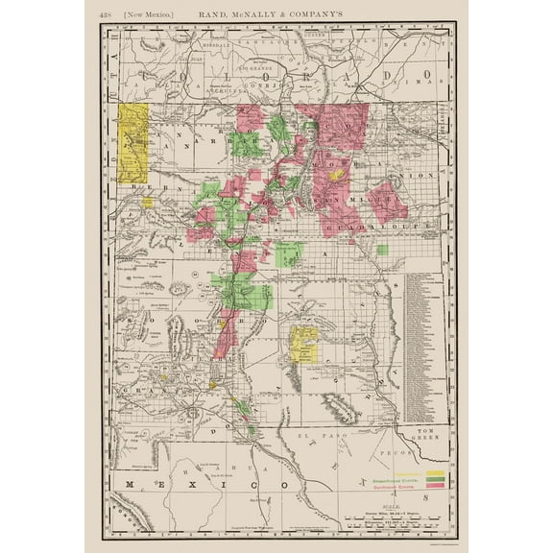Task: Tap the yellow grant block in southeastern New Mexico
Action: pos(304,344)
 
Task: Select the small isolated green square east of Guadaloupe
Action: pos(382,250)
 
